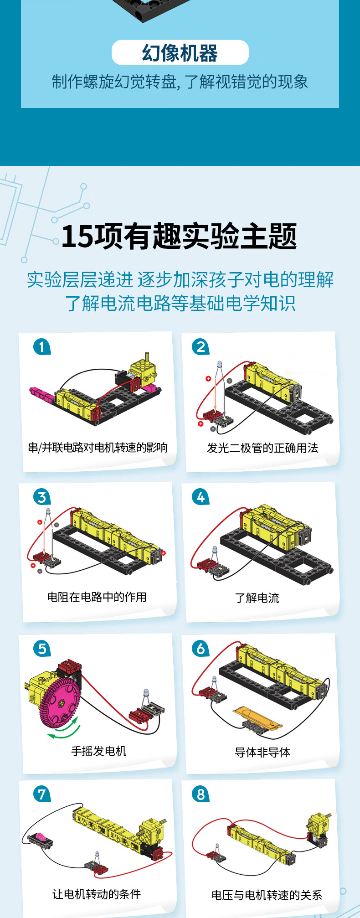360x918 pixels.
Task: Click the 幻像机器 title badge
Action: click(x=180, y=53)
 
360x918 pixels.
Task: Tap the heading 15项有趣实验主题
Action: click(x=179, y=237)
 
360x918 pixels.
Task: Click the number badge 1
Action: click(x=41, y=347)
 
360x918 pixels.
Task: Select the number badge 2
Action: click(x=201, y=347)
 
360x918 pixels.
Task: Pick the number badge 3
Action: click(x=41, y=497)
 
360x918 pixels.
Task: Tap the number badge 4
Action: click(x=201, y=497)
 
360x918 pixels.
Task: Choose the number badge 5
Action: click(x=41, y=648)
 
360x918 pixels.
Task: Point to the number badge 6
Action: click(x=201, y=648)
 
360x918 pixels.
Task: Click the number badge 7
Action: click(x=41, y=794)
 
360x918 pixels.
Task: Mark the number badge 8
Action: click(x=201, y=794)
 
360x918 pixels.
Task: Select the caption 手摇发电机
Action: click(x=98, y=751)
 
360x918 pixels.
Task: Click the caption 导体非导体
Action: click(x=262, y=752)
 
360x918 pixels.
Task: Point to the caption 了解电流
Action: click(x=257, y=598)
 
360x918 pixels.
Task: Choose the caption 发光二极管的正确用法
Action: click(x=262, y=448)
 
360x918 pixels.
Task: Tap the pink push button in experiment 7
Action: click(x=40, y=837)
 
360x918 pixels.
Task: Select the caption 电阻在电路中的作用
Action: click(x=97, y=597)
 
